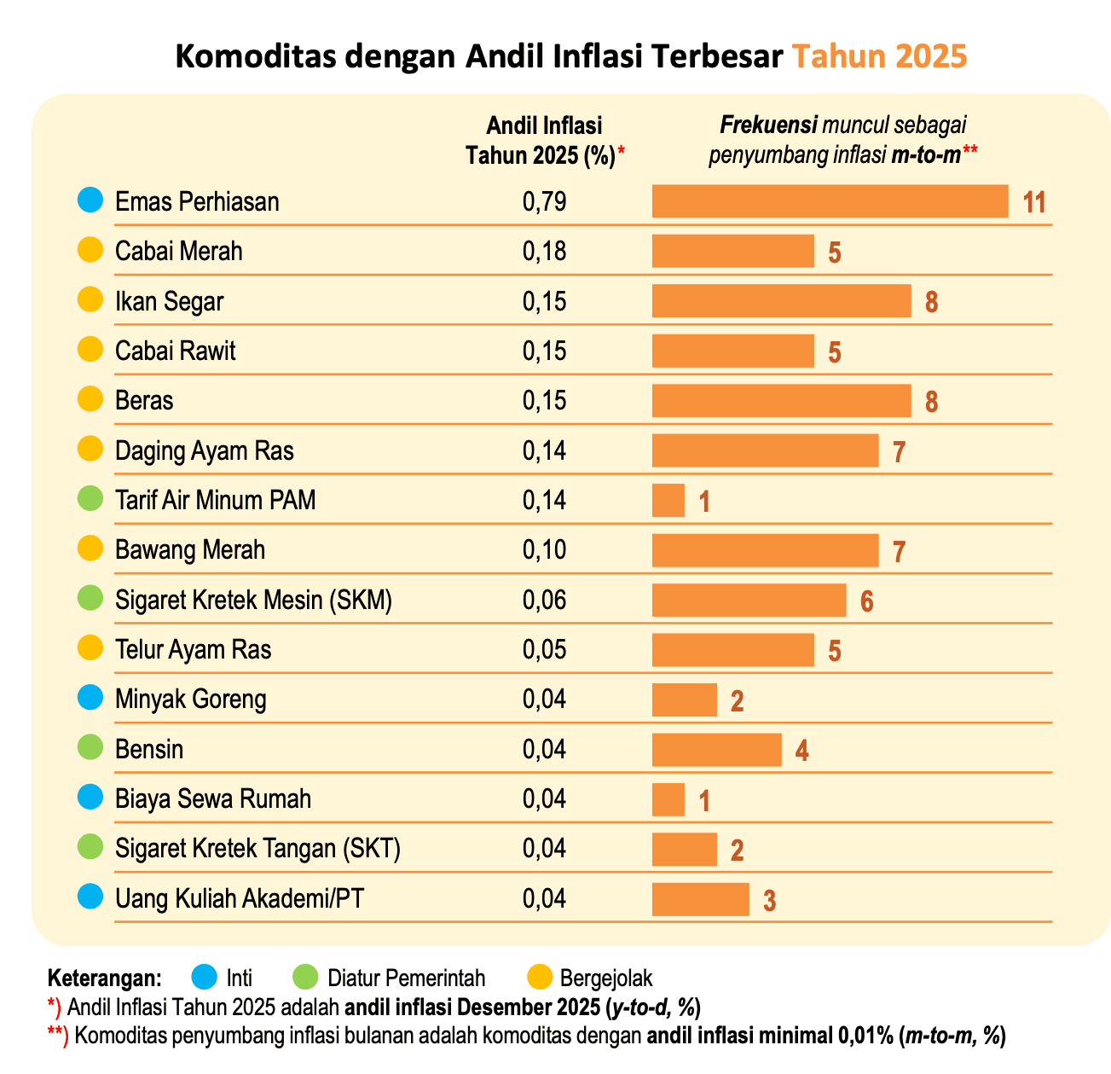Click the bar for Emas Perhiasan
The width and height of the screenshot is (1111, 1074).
830,201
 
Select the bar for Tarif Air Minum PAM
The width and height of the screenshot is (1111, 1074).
668,500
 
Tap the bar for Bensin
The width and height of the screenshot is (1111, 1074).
716,750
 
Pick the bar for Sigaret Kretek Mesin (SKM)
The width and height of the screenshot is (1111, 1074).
749,600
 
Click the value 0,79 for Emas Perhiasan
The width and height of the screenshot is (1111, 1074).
544,202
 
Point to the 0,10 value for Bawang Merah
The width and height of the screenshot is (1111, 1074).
544,550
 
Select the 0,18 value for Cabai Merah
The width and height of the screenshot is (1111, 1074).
544,252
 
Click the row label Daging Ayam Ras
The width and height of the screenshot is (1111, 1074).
204,450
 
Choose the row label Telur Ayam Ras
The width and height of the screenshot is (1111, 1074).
193,650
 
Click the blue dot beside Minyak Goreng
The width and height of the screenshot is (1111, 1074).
90,699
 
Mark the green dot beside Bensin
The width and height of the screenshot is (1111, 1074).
90,749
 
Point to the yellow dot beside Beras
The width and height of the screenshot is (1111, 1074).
90,399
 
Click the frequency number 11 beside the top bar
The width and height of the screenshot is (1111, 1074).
1034,203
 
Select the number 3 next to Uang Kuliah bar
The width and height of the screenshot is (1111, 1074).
769,901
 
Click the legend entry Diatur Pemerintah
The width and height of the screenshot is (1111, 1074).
406,978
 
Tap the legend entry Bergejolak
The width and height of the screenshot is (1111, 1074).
605,978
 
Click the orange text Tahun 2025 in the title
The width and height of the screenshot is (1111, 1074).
879,56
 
